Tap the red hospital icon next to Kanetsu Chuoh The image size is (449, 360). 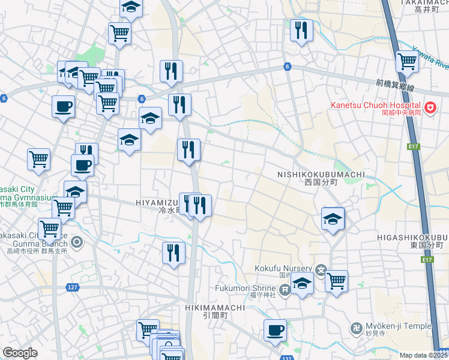pos(430,108)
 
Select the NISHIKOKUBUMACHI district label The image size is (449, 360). pos(321,175)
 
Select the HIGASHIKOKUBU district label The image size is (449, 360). pos(412,237)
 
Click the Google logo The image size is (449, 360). pos(20,353)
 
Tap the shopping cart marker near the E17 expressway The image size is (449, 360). pos(408,61)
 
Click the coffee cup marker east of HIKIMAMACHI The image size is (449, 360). pos(276,330)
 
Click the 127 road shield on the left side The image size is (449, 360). pos(72,287)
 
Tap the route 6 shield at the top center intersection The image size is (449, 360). pos(287,67)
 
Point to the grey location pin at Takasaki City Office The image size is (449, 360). pos(77,243)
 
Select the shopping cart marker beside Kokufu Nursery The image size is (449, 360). pos(336,280)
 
